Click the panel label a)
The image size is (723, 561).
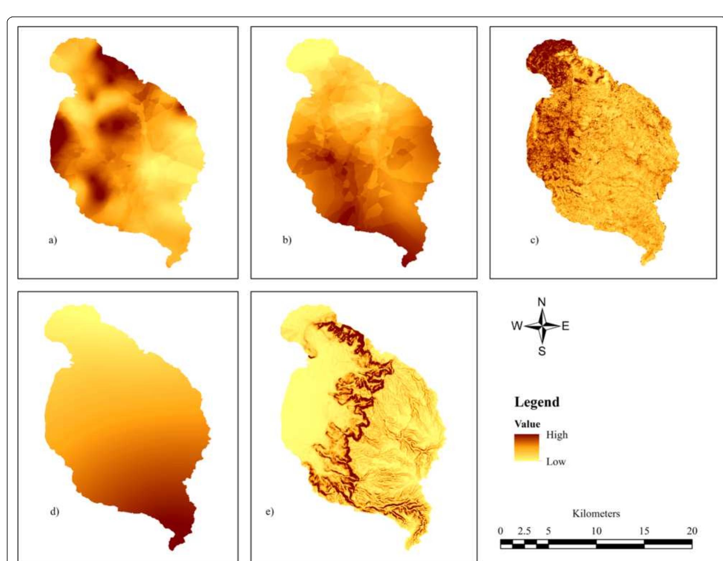(53, 240)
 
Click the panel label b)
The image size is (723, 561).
(287, 240)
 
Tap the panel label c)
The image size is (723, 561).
(535, 240)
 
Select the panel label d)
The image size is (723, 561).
(55, 511)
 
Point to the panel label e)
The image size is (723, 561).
(270, 511)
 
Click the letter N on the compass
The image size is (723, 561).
(542, 302)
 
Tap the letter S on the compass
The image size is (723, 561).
(542, 351)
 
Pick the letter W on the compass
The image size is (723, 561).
(517, 326)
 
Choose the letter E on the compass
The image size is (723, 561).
(565, 326)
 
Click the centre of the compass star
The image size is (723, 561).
(542, 326)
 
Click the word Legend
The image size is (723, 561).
(537, 402)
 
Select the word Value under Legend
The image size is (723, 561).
(527, 424)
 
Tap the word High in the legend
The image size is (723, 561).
(557, 435)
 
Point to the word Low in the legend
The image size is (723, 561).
(556, 462)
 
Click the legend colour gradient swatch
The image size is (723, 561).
(527, 448)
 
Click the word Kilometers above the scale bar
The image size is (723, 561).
(596, 514)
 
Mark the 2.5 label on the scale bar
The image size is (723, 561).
(524, 531)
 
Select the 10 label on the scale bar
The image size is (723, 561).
(596, 531)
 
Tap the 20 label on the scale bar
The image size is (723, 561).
(692, 531)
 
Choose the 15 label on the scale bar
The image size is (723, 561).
(644, 531)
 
